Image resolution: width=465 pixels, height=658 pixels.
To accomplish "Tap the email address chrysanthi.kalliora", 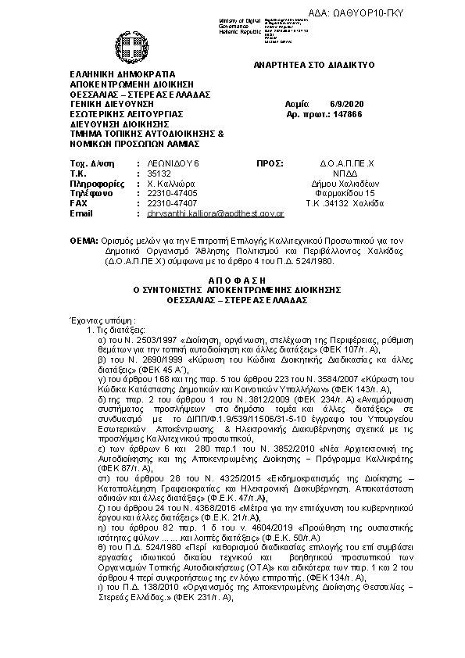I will [216, 213].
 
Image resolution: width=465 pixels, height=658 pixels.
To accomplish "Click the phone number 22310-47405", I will [172, 192].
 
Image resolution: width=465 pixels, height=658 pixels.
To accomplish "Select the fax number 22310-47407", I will [172, 202].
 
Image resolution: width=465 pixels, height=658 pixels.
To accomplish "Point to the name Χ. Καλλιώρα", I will [171, 182].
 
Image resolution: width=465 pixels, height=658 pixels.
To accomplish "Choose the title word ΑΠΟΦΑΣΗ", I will [232, 278].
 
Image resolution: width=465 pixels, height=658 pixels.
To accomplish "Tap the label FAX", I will [78, 202].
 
